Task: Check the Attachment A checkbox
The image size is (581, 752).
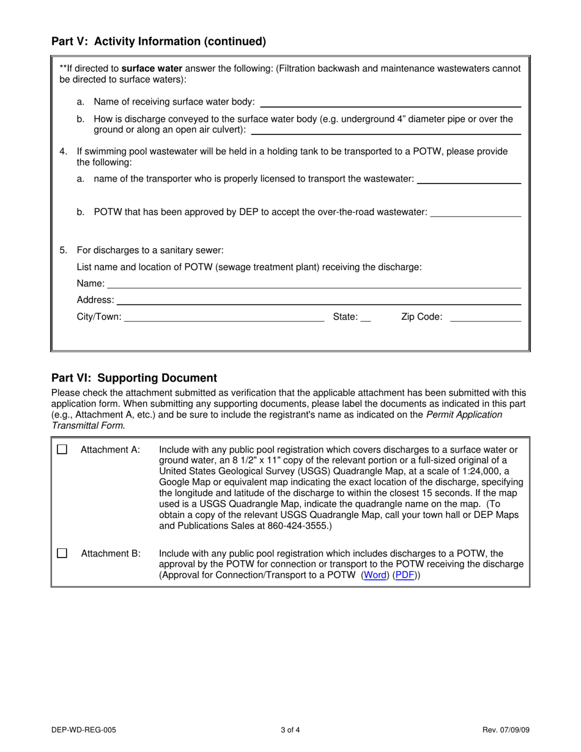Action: click(x=62, y=449)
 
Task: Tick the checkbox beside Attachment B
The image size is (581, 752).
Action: click(x=62, y=553)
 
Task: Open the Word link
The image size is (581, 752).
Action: click(x=376, y=575)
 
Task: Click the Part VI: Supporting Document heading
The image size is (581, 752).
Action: click(x=134, y=378)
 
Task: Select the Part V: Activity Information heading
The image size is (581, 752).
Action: click(x=158, y=42)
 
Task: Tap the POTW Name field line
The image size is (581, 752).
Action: click(x=314, y=284)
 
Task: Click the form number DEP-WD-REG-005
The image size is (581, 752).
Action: click(x=84, y=729)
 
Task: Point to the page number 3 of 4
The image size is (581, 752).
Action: click(x=290, y=729)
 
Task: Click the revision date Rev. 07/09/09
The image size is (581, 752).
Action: click(x=506, y=729)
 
